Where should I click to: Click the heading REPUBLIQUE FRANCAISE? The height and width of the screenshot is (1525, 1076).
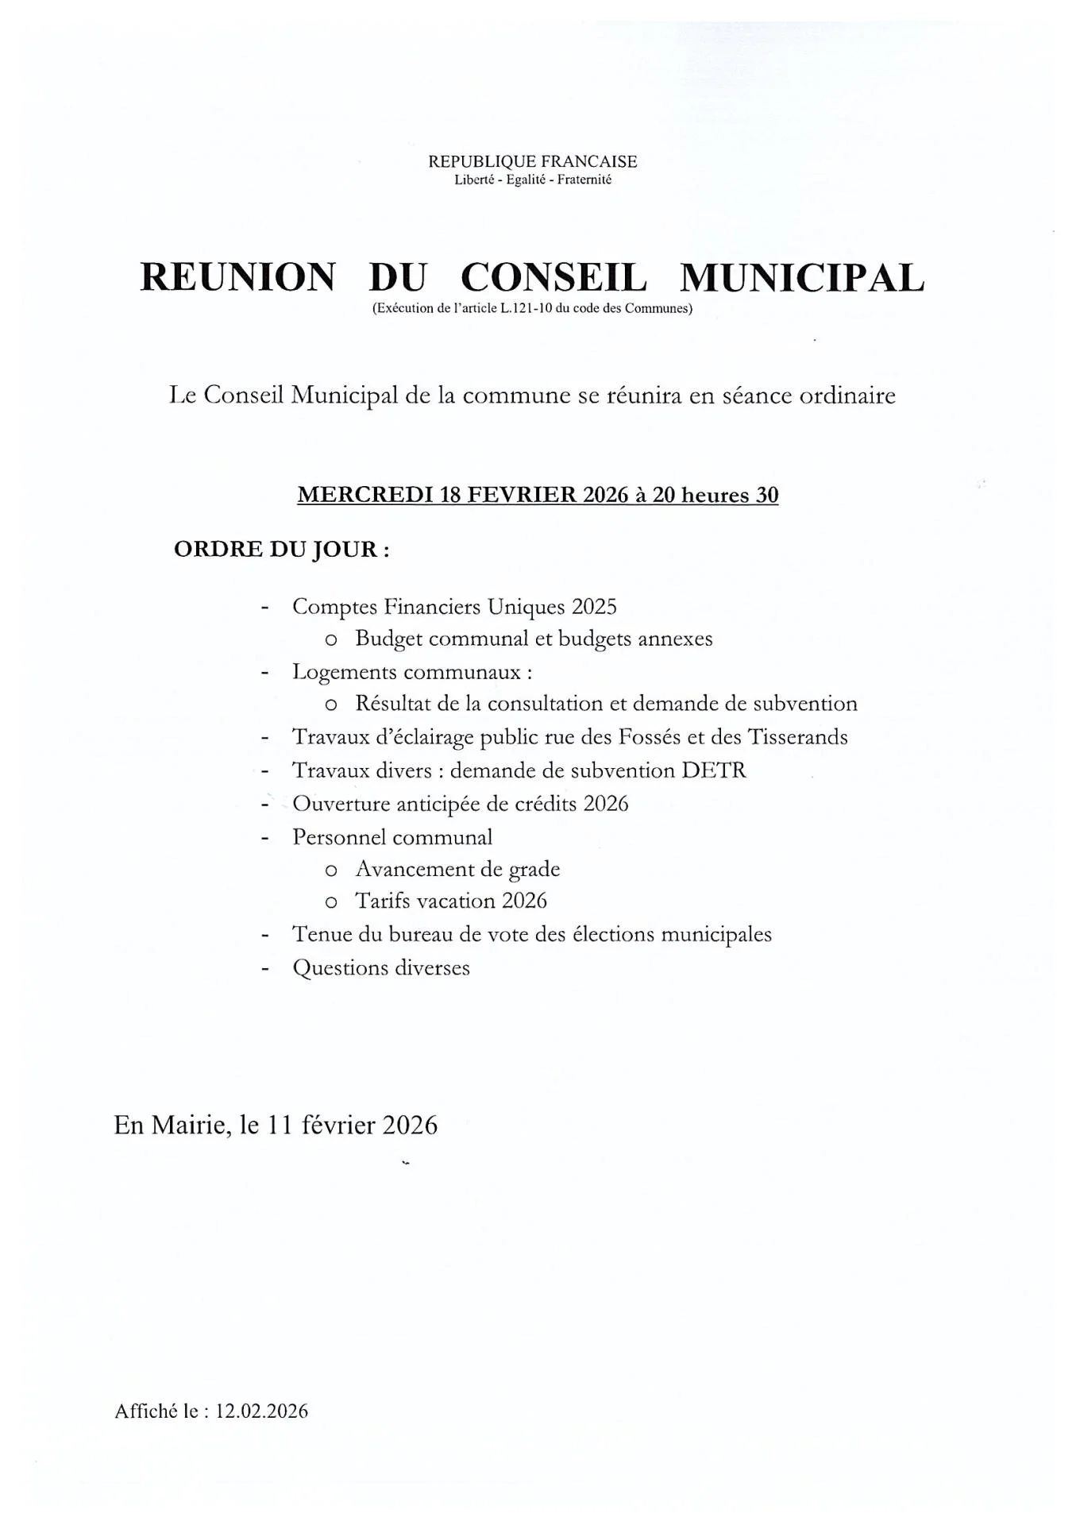point(532,161)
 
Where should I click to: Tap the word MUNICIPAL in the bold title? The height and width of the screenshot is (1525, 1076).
point(802,278)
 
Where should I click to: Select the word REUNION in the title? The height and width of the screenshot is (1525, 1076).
point(237,278)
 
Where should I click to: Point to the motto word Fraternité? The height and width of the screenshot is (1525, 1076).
point(584,180)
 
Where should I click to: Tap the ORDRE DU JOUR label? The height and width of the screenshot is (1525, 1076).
point(281,550)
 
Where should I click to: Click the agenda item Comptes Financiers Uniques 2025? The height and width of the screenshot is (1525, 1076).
point(454,607)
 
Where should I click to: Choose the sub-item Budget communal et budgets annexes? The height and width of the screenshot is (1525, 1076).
point(534,639)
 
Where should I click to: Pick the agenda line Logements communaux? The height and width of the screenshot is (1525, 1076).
point(411,672)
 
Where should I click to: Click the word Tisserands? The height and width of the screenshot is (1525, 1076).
point(796,737)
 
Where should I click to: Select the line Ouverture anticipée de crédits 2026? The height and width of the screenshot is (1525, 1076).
point(460,804)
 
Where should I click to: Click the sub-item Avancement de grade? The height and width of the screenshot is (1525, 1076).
point(457,869)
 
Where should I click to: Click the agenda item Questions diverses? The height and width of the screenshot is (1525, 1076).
point(381,967)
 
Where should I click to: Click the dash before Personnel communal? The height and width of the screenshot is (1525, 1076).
point(265,838)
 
